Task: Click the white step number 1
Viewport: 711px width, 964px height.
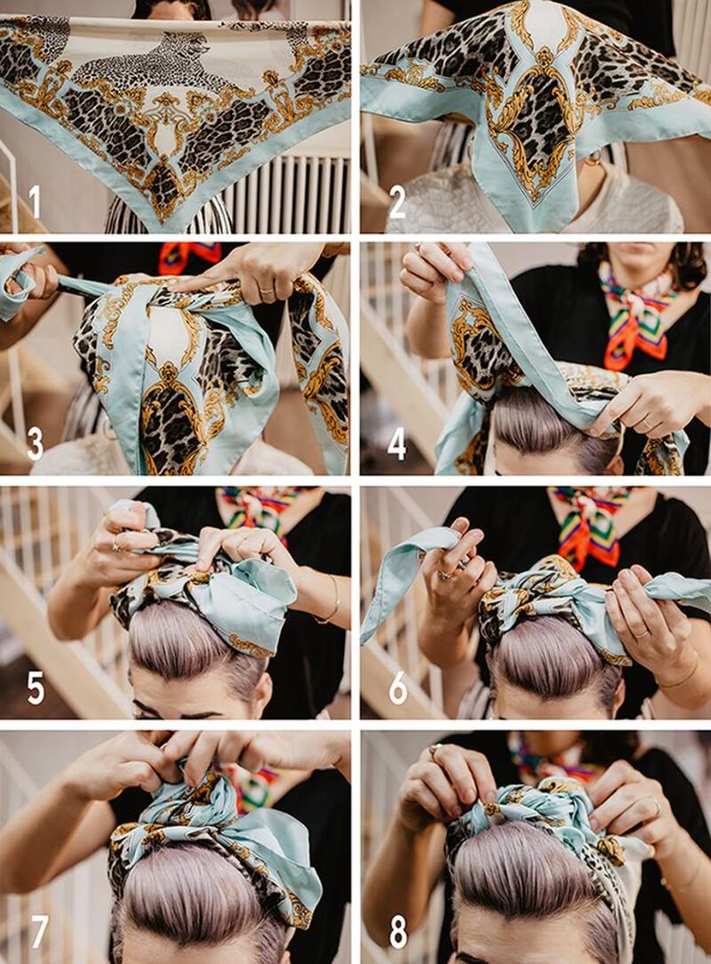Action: click(35, 202)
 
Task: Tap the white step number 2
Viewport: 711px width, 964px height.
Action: click(397, 202)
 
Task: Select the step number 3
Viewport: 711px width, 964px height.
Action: click(35, 444)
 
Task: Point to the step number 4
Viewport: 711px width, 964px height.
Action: click(396, 444)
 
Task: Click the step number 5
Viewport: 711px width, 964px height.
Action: click(36, 688)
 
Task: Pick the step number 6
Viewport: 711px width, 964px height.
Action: click(397, 688)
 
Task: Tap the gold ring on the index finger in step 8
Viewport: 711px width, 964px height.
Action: click(435, 749)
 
